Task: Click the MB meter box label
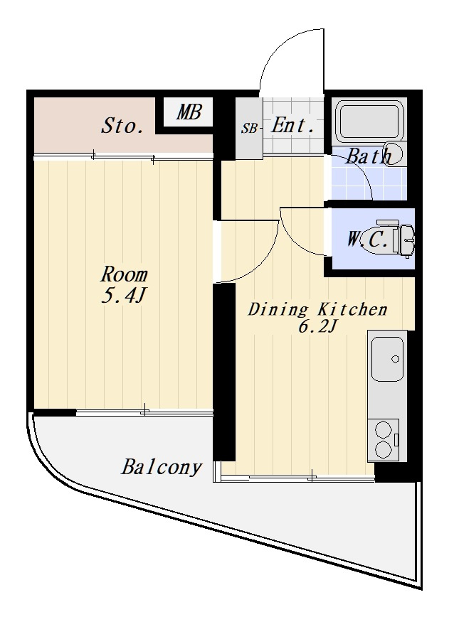pyautogui.click(x=189, y=112)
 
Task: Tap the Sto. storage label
pyautogui.click(x=122, y=126)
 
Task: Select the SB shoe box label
pyautogui.click(x=249, y=128)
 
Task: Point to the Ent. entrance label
pyautogui.click(x=293, y=125)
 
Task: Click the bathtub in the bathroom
pyautogui.click(x=369, y=120)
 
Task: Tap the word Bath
pyautogui.click(x=369, y=156)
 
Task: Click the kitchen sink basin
pyautogui.click(x=387, y=359)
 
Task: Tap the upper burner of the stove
pyautogui.click(x=382, y=429)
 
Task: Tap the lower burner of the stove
pyautogui.click(x=382, y=449)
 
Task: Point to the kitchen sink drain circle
pyautogui.click(x=396, y=359)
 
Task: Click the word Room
pyautogui.click(x=124, y=274)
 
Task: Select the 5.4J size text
pyautogui.click(x=124, y=295)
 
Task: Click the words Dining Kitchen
pyautogui.click(x=317, y=309)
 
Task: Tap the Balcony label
pyautogui.click(x=162, y=468)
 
